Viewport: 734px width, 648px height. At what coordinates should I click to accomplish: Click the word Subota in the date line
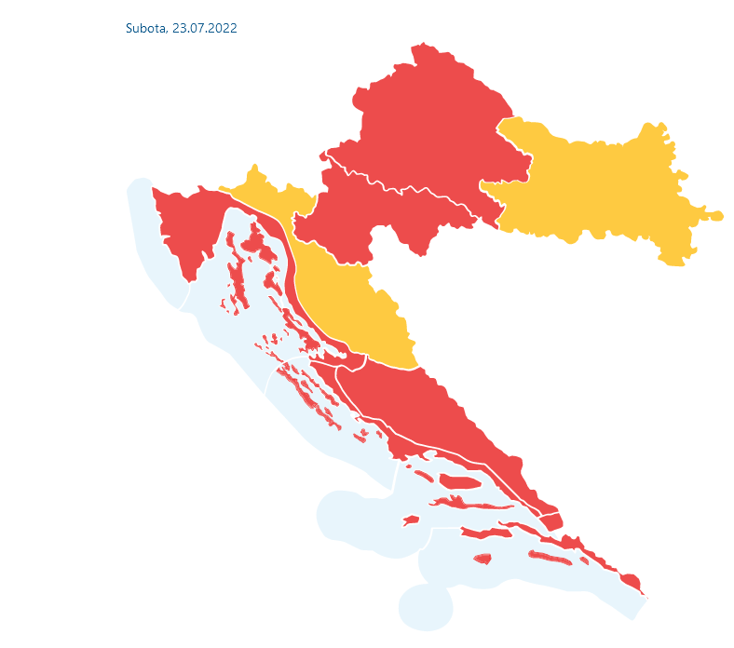[x=146, y=29]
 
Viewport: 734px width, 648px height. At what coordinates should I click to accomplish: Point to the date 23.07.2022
[x=205, y=29]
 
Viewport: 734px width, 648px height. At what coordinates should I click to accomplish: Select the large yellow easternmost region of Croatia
[x=605, y=186]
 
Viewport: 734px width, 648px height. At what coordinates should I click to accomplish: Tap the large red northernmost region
[x=428, y=121]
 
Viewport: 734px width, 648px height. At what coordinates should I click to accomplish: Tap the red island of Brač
[x=458, y=481]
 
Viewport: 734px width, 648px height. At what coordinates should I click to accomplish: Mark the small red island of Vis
[x=411, y=520]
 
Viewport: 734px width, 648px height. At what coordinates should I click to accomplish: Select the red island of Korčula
[x=484, y=533]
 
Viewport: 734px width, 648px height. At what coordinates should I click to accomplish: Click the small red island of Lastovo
[x=482, y=559]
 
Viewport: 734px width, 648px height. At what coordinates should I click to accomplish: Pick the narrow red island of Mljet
[x=550, y=559]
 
